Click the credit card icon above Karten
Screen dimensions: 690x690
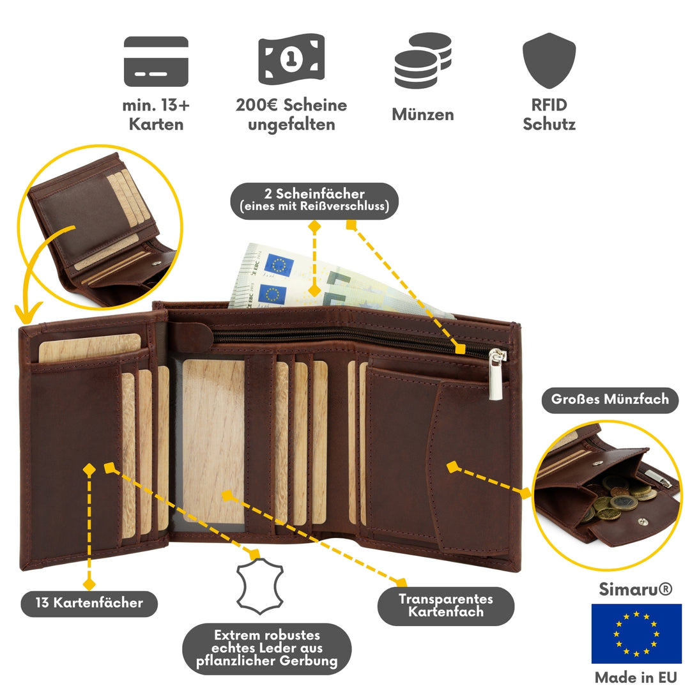156,61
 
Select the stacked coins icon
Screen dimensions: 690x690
422,61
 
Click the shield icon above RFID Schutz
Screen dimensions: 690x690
549,61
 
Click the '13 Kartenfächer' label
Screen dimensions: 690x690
89,602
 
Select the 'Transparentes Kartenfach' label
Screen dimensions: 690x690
445,606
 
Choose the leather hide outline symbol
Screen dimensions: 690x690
259,585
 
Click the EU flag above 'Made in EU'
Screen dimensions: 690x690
636,633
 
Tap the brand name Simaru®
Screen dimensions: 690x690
635,589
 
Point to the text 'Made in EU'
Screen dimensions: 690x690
635,677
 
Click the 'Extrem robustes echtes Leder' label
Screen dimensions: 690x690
266,648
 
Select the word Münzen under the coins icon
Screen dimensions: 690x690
422,115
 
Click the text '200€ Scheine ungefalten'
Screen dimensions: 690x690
291,114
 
